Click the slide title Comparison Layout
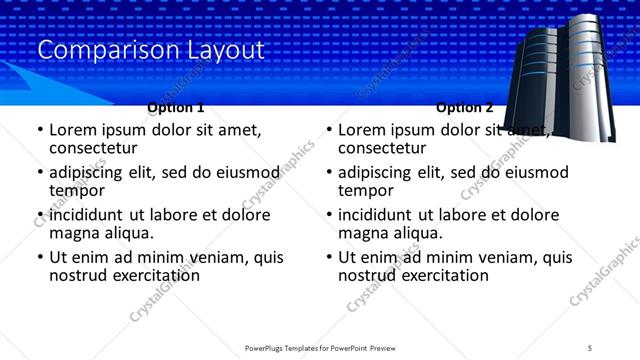[151, 49]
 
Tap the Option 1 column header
[176, 107]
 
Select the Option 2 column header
[464, 107]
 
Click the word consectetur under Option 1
[99, 148]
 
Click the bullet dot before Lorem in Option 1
[39, 130]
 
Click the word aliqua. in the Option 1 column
[127, 233]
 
